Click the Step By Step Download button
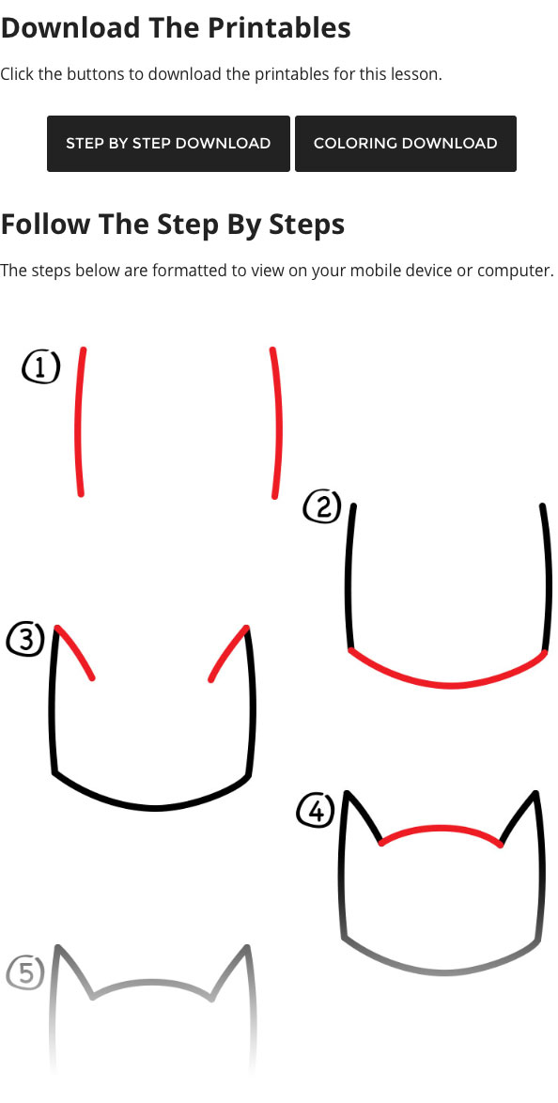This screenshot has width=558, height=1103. pos(168,144)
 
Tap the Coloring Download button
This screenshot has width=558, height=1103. pos(405,144)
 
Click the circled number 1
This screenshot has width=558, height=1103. pos(40,367)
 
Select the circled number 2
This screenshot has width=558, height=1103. pos(322,507)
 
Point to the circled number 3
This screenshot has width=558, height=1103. pos(26,640)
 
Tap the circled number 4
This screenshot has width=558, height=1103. pos(316,811)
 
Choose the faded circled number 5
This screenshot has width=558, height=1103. pos(26,973)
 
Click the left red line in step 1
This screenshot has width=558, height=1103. pos(79,422)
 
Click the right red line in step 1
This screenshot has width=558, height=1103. pos(276,422)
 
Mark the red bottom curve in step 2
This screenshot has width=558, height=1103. pos(447,684)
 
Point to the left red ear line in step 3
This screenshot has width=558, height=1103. pos(74,651)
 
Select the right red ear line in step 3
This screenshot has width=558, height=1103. pos(227,653)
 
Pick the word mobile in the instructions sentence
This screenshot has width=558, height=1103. pos(387,271)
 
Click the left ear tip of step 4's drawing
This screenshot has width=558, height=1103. pos(347,794)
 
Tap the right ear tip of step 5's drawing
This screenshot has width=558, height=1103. pos(247,948)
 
